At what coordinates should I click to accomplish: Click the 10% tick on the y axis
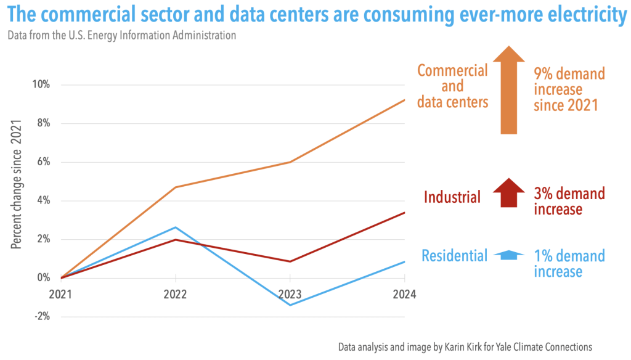click(x=41, y=84)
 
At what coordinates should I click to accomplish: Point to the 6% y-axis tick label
click(x=43, y=162)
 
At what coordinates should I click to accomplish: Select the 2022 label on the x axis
click(x=176, y=294)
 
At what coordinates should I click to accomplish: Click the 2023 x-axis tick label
click(x=290, y=294)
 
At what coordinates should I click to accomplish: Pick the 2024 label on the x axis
click(x=404, y=294)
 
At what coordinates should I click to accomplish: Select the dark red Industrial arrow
click(x=508, y=193)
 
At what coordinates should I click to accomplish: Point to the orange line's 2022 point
click(x=176, y=187)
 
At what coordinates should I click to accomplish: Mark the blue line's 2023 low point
click(x=290, y=305)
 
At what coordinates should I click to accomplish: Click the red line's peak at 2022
click(x=176, y=239)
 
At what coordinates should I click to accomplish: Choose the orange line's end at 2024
click(x=404, y=100)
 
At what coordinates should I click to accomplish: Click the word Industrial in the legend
click(x=452, y=197)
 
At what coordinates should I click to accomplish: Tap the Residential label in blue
click(x=454, y=255)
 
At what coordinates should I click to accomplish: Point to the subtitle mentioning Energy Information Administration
click(x=121, y=35)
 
